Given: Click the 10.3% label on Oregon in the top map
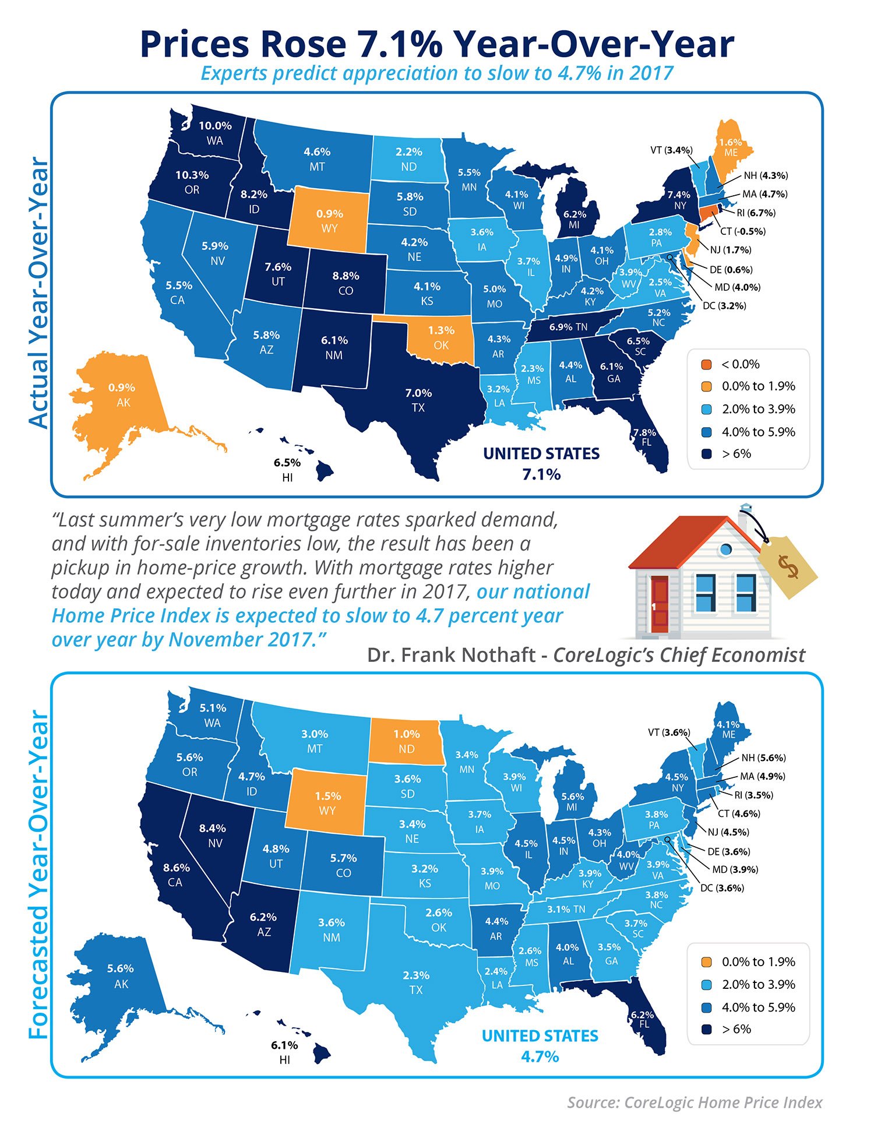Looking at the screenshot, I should click(x=192, y=175).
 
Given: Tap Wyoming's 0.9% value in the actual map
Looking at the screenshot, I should click(x=329, y=214).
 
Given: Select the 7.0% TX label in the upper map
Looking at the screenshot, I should click(x=418, y=393).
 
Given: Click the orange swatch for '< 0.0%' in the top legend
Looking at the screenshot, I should click(x=706, y=365).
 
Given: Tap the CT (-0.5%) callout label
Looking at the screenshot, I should click(x=742, y=231).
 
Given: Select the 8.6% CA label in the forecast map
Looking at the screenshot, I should click(x=177, y=868).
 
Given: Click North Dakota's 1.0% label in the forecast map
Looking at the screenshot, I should click(x=406, y=734).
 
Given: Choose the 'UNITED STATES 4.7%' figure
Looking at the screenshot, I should click(x=540, y=1046).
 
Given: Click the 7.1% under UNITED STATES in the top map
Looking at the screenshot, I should click(x=541, y=474).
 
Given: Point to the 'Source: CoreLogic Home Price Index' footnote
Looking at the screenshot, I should click(x=695, y=1102).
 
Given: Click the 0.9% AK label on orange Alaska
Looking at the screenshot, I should click(x=121, y=387).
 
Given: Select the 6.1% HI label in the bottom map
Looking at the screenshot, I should click(x=284, y=1045).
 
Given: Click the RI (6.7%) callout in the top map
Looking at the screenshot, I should click(x=756, y=213).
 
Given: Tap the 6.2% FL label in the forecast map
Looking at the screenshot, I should click(x=642, y=1015).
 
